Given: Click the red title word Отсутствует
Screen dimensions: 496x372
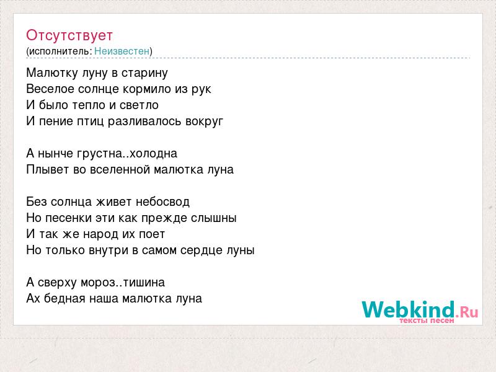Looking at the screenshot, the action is pos(69,35).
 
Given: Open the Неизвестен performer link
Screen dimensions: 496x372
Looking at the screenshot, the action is pos(122,51).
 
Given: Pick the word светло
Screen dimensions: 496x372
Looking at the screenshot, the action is pos(139,105).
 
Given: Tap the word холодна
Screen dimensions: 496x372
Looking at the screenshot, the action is pos(153,154).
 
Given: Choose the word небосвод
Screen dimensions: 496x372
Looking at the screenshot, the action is pos(162,202).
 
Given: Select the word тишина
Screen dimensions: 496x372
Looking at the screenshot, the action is pos(144,283).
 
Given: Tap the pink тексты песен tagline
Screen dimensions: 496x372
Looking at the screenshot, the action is pos(427,321).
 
